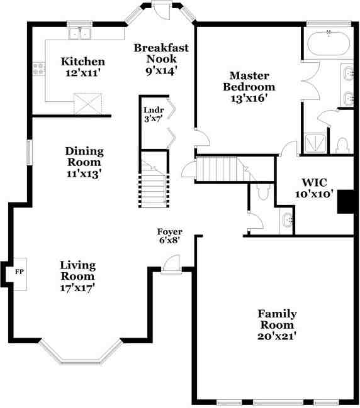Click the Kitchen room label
click(82, 62)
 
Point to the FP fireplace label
click(20, 272)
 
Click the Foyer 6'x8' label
click(169, 235)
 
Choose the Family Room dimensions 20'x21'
click(277, 336)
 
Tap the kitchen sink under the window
click(80, 34)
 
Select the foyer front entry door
click(171, 265)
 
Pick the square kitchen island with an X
click(88, 103)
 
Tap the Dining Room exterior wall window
click(29, 153)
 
